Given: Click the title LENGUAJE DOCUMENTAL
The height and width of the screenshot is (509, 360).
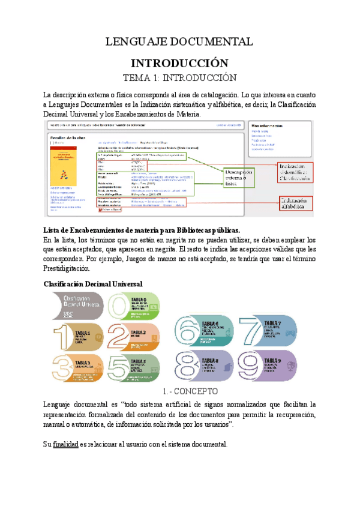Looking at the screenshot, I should click(x=179, y=41).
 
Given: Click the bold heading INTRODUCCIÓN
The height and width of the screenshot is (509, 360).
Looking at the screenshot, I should click(x=179, y=63).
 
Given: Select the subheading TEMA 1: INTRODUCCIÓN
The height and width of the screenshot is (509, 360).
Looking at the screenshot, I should click(x=179, y=77).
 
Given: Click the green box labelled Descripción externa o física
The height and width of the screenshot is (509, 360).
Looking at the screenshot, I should click(x=244, y=176).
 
